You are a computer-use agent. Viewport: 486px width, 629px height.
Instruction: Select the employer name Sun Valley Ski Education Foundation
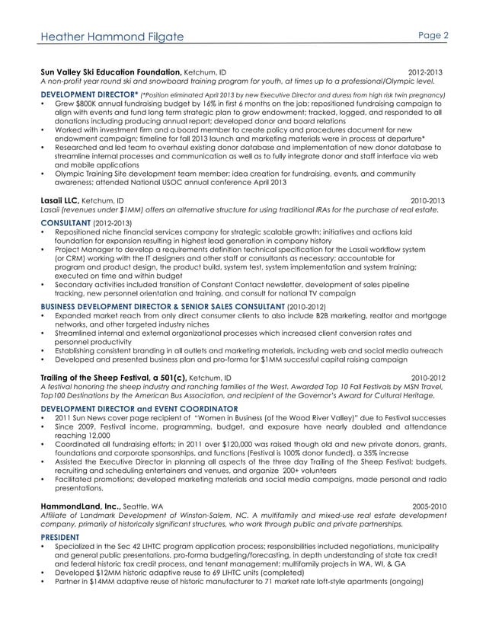110,72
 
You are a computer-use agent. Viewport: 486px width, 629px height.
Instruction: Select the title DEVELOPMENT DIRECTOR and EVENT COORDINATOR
121,408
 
